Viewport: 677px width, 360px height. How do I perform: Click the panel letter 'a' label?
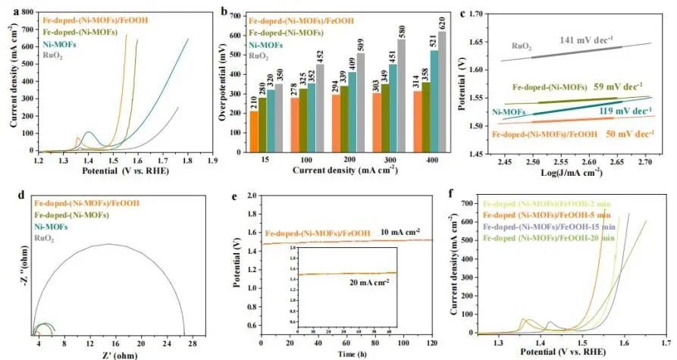pyautogui.click(x=8, y=11)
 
